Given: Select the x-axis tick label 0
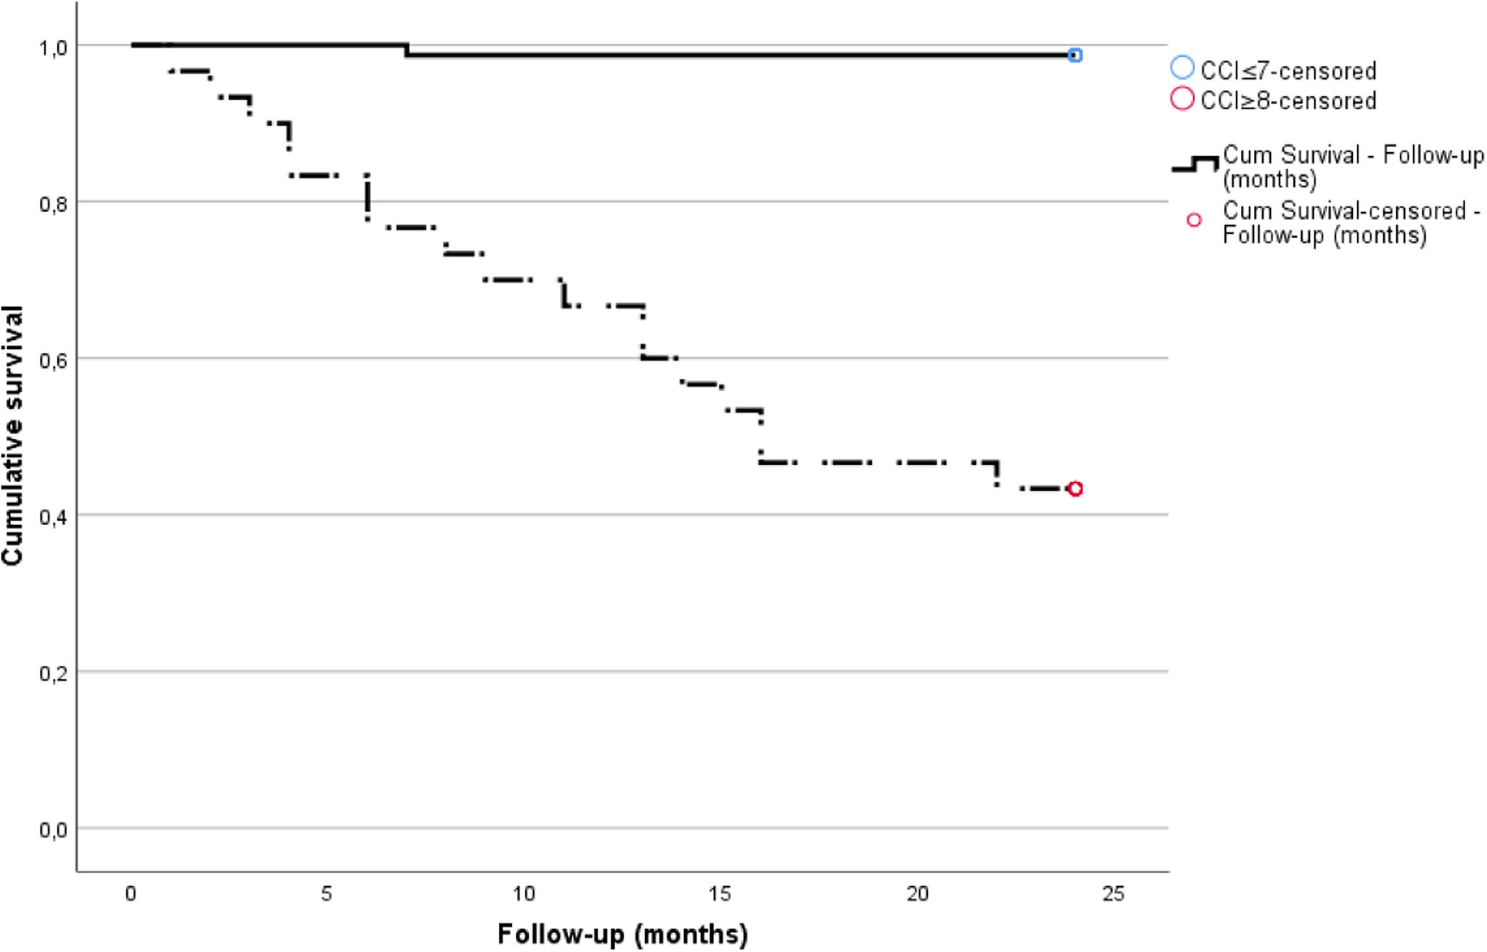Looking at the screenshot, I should (131, 894).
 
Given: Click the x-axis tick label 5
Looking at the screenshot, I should (326, 894).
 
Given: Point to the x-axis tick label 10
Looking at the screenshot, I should (523, 894).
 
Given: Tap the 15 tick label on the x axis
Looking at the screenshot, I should (720, 894).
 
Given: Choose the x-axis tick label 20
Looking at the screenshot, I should (917, 894).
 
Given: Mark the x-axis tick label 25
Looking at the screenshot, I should (1113, 894).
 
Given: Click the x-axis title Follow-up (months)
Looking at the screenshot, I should (622, 934).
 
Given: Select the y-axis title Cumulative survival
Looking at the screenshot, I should (13, 435).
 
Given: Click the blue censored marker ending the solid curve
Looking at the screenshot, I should (1075, 55).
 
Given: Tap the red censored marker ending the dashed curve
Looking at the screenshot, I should (1075, 489).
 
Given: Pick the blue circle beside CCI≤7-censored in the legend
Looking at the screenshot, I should (1182, 68).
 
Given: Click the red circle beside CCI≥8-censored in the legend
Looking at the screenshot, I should (1182, 99).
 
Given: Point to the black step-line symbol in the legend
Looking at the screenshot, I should (1195, 165).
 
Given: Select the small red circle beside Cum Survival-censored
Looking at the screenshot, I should (1194, 220).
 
